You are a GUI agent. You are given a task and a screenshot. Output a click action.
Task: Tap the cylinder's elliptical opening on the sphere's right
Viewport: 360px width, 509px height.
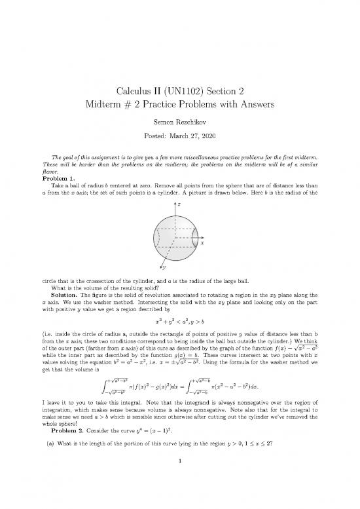198,235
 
